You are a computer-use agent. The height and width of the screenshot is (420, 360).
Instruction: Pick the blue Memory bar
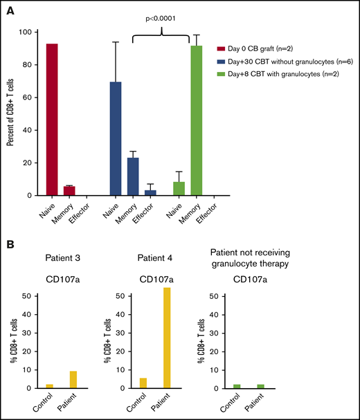pyautogui.click(x=133, y=176)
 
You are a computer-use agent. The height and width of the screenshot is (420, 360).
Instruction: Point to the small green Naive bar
pyautogui.click(x=179, y=188)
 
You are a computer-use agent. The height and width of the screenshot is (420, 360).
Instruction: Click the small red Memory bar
pyautogui.click(x=69, y=190)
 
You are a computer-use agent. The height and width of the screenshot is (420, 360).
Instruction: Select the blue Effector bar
pyautogui.click(x=149, y=192)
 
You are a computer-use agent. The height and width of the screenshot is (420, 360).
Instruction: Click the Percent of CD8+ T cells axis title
pyautogui.click(x=10, y=114)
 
